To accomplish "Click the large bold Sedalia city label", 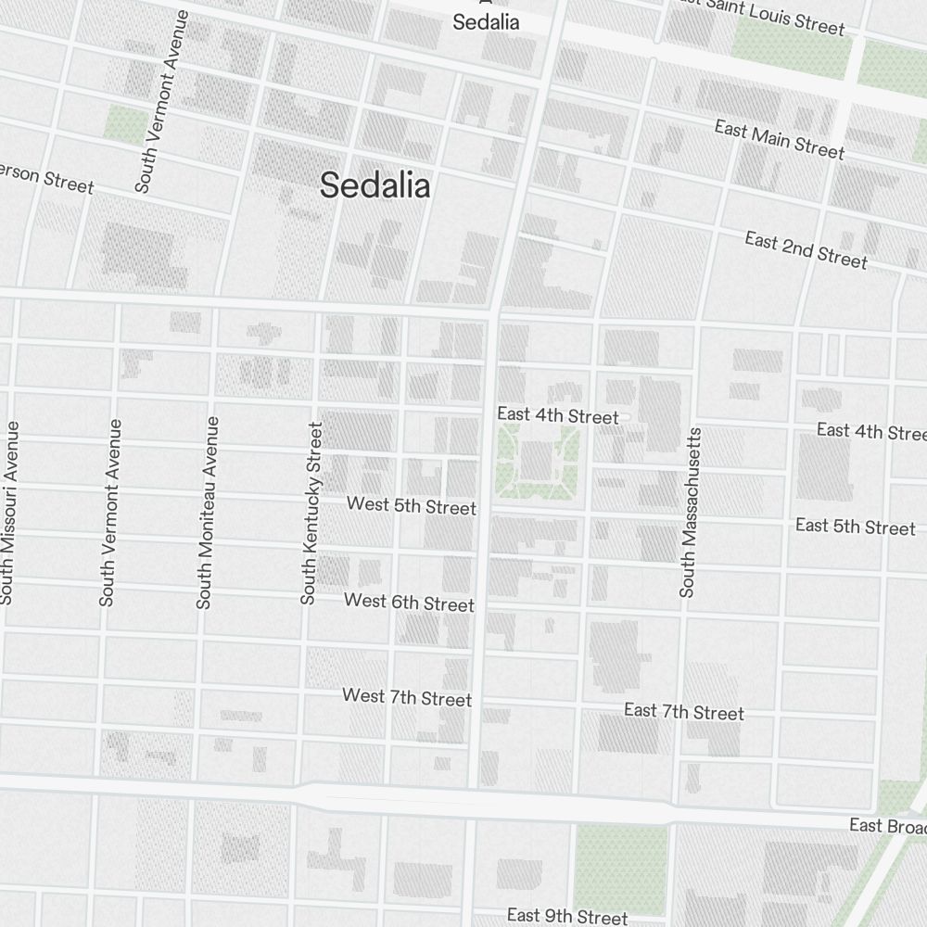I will tap(375, 185).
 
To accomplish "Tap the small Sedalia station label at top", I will tap(486, 21).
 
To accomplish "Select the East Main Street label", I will tap(779, 139).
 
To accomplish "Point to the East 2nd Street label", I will tap(806, 250).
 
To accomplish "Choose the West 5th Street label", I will tap(411, 506).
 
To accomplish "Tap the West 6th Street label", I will tap(409, 603).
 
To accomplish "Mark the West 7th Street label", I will tap(406, 697).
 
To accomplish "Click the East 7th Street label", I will tap(683, 712).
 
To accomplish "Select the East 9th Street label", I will tap(566, 916).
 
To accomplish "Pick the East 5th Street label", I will tap(855, 527).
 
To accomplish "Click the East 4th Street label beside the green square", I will tap(557, 415).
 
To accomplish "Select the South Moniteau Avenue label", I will tap(207, 513).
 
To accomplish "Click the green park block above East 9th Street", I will tap(620, 868).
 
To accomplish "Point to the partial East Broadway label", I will tap(887, 825).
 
